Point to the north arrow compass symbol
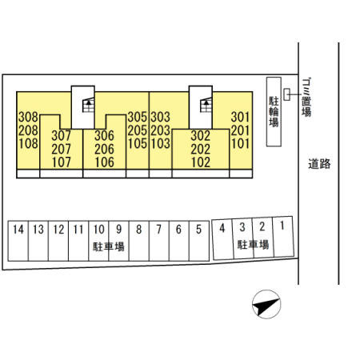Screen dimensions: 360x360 tap(266, 304)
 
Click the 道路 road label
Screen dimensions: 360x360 tap(319, 164)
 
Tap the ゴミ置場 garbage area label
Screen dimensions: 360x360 tap(306, 97)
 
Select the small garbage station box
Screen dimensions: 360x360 tap(286, 94)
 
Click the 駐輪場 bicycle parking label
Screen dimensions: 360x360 tap(274, 111)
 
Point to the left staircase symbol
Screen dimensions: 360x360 tap(88, 105)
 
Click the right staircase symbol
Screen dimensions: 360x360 tap(206, 105)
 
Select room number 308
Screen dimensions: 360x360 tap(28, 117)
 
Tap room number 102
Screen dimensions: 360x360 tap(201, 162)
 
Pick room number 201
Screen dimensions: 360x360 tap(241, 130)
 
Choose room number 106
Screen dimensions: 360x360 tap(104, 162)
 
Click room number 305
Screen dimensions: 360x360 tap(138, 117)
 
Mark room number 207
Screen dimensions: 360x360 tap(62, 149)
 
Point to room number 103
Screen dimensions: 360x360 tap(160, 144)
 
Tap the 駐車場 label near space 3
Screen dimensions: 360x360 tap(253, 245)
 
